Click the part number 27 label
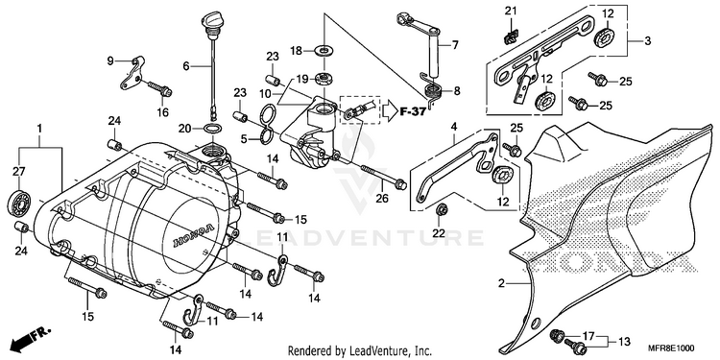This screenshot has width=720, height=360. tap(18, 173)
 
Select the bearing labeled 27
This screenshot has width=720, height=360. tap(19, 202)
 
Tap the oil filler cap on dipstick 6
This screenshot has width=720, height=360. tap(210, 21)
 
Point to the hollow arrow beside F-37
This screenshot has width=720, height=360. tap(391, 112)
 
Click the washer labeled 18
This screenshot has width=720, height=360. tap(324, 49)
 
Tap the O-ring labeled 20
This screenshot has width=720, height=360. tap(211, 129)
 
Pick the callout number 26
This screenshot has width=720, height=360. tap(382, 199)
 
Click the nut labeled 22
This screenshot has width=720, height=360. tap(443, 210)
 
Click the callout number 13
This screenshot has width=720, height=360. tap(624, 341)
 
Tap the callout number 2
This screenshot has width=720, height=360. tap(501, 284)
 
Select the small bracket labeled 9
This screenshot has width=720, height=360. tap(132, 73)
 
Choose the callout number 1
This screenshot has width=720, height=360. tap(39, 129)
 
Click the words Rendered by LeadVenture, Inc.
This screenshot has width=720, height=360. tap(360, 351)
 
